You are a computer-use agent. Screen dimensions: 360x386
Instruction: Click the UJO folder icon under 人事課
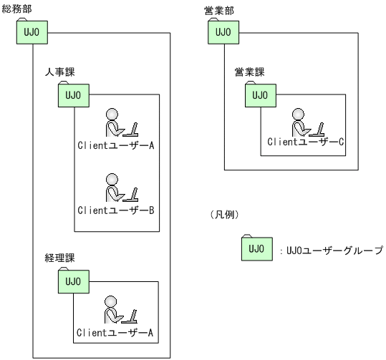point(73,95)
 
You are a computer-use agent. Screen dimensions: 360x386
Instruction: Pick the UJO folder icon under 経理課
point(73,281)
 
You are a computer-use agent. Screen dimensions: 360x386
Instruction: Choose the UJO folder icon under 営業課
point(260,95)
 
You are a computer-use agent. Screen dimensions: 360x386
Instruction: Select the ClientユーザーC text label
point(307,142)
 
